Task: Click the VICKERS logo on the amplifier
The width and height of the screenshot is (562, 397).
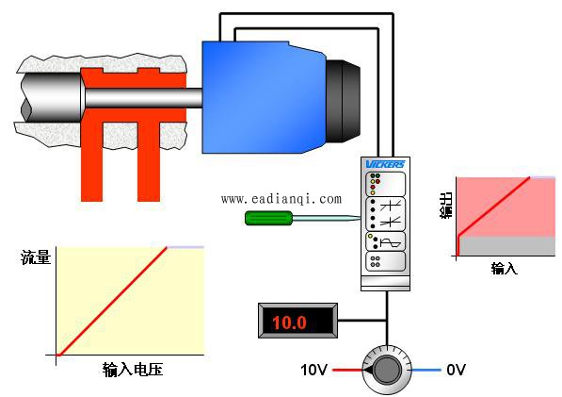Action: tap(385, 164)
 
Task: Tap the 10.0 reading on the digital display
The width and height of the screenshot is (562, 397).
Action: tap(289, 322)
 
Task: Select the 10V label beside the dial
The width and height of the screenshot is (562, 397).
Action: tap(314, 370)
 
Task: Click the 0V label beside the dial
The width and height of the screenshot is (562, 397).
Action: tap(456, 370)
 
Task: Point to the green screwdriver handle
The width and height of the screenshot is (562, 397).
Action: tap(269, 218)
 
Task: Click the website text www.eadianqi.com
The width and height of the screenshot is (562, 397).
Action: tap(281, 199)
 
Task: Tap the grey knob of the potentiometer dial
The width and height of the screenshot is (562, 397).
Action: tap(387, 370)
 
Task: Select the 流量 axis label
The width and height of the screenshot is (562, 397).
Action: tap(36, 257)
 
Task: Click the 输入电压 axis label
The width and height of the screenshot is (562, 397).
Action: tap(133, 370)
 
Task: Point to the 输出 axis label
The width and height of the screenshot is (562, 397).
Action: tap(446, 206)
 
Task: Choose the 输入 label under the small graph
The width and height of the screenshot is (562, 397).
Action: tap(505, 268)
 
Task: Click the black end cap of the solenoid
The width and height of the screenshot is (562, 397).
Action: tap(343, 101)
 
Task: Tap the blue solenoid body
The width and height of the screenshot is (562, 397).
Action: tap(264, 98)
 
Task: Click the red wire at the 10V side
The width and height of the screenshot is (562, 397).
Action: tap(347, 370)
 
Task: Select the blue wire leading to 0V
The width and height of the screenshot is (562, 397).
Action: tap(426, 370)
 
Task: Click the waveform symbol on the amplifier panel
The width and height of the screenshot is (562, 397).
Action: tap(391, 243)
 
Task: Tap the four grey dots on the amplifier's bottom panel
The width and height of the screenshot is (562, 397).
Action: tap(376, 261)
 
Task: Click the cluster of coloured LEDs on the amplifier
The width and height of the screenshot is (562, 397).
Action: tap(376, 184)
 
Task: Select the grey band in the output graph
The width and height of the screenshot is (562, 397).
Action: tap(506, 246)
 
